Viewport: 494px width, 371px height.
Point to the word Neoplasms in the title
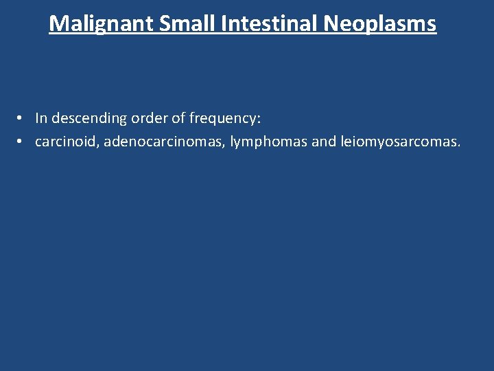(379, 24)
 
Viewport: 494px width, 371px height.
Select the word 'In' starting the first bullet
(41, 118)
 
